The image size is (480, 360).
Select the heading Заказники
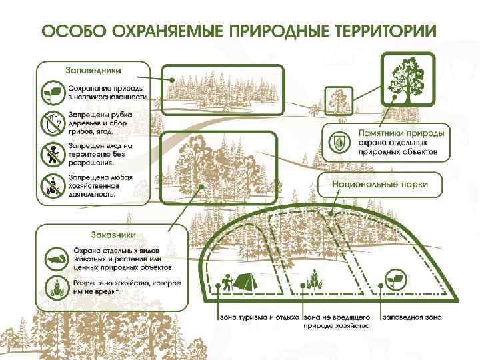click(113, 234)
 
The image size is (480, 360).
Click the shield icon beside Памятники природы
click(339, 142)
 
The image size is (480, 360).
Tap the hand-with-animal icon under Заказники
click(53, 257)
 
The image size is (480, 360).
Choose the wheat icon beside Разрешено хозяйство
click(53, 287)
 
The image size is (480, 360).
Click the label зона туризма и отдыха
click(259, 316)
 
